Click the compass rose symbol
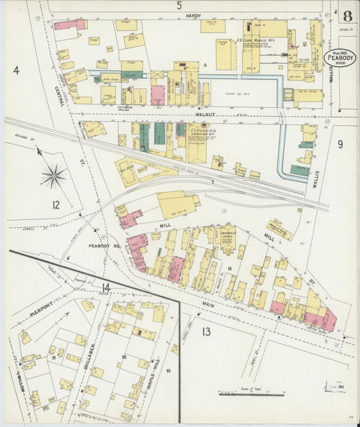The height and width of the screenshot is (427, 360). pyautogui.click(x=53, y=176)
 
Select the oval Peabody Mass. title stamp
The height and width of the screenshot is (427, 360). pyautogui.click(x=339, y=58)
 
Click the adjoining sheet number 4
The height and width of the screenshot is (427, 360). pyautogui.click(x=16, y=70)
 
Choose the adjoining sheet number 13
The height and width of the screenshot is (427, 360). pyautogui.click(x=205, y=330)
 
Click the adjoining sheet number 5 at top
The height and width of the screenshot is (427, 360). pyautogui.click(x=179, y=6)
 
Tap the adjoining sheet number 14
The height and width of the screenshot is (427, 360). pyautogui.click(x=105, y=288)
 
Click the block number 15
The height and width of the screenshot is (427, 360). pyautogui.click(x=230, y=270)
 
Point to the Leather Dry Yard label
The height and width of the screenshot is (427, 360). pyautogui.click(x=238, y=95)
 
